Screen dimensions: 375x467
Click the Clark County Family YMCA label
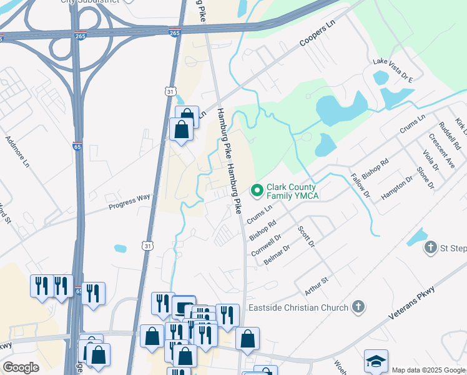click(x=292, y=192)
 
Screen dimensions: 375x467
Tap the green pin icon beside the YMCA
click(x=256, y=189)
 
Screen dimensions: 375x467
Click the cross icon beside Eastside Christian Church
click(x=358, y=306)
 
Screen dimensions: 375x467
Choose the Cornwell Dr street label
click(x=266, y=245)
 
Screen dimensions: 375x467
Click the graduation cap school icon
click(x=376, y=361)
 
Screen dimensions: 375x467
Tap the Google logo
click(x=21, y=367)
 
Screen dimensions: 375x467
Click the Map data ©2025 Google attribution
click(x=429, y=370)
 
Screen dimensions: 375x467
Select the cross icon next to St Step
click(x=430, y=248)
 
